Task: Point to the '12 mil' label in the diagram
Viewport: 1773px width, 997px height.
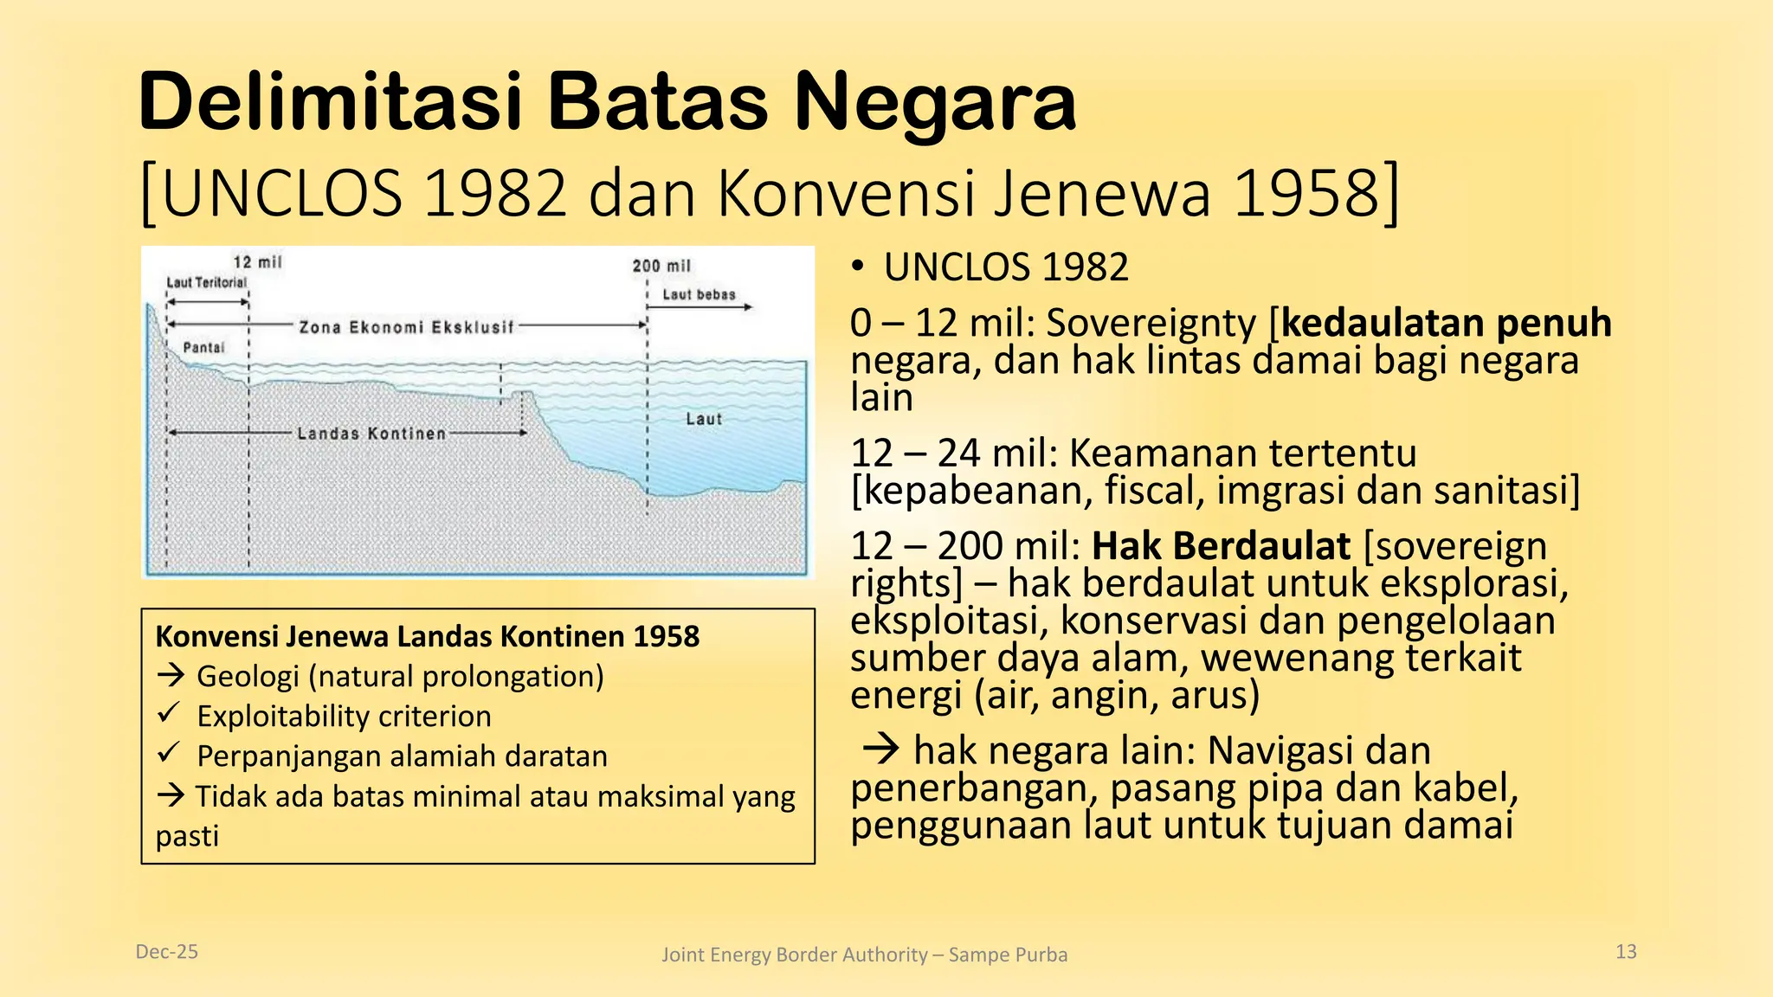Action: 257,262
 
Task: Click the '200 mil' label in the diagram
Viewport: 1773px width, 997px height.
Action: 661,266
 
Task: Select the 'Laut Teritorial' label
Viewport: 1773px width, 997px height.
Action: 206,282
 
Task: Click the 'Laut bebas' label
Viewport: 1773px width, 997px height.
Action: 699,294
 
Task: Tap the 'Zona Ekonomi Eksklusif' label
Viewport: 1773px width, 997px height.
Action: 406,327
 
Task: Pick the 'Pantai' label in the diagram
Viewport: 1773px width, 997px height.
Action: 203,347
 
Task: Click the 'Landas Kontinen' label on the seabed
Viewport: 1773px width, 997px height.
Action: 371,433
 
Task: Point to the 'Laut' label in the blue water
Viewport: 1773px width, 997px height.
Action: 703,419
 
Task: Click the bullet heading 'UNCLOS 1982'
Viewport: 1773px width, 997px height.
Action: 1006,267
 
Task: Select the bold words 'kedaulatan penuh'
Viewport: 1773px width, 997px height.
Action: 1447,323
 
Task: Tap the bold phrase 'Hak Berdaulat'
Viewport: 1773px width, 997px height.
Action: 1221,546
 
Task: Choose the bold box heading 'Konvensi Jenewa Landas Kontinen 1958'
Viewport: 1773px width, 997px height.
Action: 427,636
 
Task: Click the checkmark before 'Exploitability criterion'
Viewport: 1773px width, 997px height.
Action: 169,714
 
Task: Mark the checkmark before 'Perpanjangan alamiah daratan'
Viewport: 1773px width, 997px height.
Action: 169,754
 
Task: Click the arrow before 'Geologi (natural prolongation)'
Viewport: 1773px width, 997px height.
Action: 171,675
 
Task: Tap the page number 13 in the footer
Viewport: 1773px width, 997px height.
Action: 1626,952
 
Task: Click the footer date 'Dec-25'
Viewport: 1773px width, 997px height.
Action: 167,952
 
